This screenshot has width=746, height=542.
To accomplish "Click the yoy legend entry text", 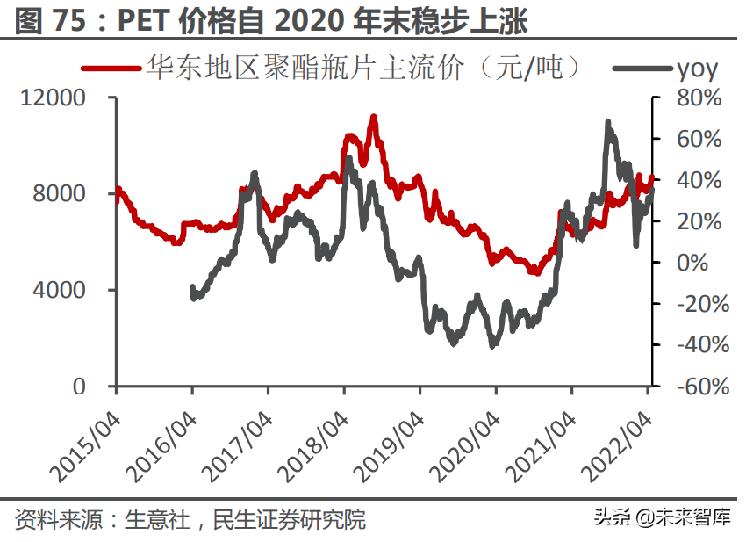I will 697,69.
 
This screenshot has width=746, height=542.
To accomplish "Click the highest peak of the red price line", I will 374,116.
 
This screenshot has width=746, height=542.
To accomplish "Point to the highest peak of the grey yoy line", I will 607,122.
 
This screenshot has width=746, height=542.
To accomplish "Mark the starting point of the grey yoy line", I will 192,287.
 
